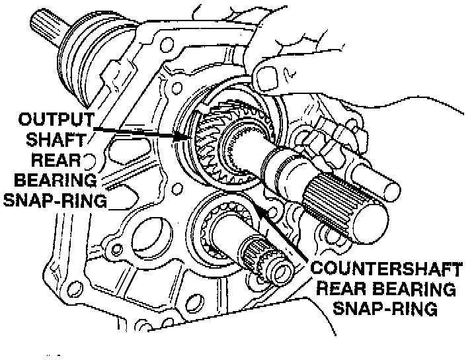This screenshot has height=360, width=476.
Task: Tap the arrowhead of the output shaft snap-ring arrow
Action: tap(186, 138)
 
